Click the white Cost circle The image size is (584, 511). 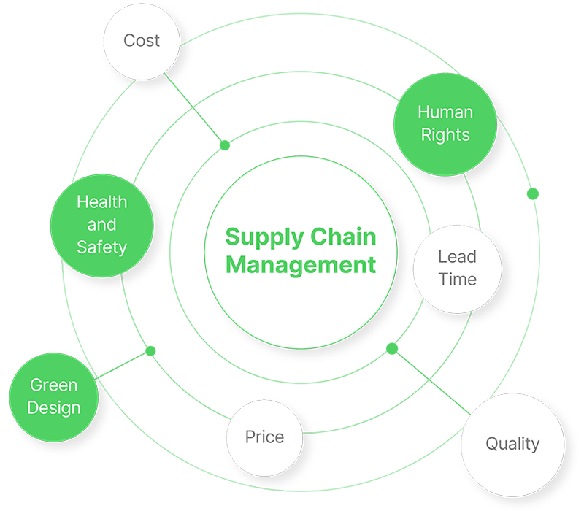pos(141,41)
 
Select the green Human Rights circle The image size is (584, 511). pos(445,123)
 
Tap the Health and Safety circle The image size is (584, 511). pos(101,225)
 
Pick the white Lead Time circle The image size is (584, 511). pos(457,268)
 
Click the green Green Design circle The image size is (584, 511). pos(53,396)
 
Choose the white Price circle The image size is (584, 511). pos(264,438)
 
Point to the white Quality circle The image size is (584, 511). pos(512,444)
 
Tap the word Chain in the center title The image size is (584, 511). pos(343,237)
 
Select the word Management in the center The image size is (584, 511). pos(301,264)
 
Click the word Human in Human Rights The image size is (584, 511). pos(445,112)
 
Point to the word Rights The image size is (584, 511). pos(445,135)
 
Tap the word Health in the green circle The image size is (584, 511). pos(101,202)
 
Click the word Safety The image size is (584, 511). pos(101,247)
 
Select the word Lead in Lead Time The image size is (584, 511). pos(457,256)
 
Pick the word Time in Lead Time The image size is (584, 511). pos(457,280)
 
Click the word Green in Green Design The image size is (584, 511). pos(53,385)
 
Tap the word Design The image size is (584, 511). pos(53,407)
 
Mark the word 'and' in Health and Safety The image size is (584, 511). pos(101,225)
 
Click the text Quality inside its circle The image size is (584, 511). pos(512,444)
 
